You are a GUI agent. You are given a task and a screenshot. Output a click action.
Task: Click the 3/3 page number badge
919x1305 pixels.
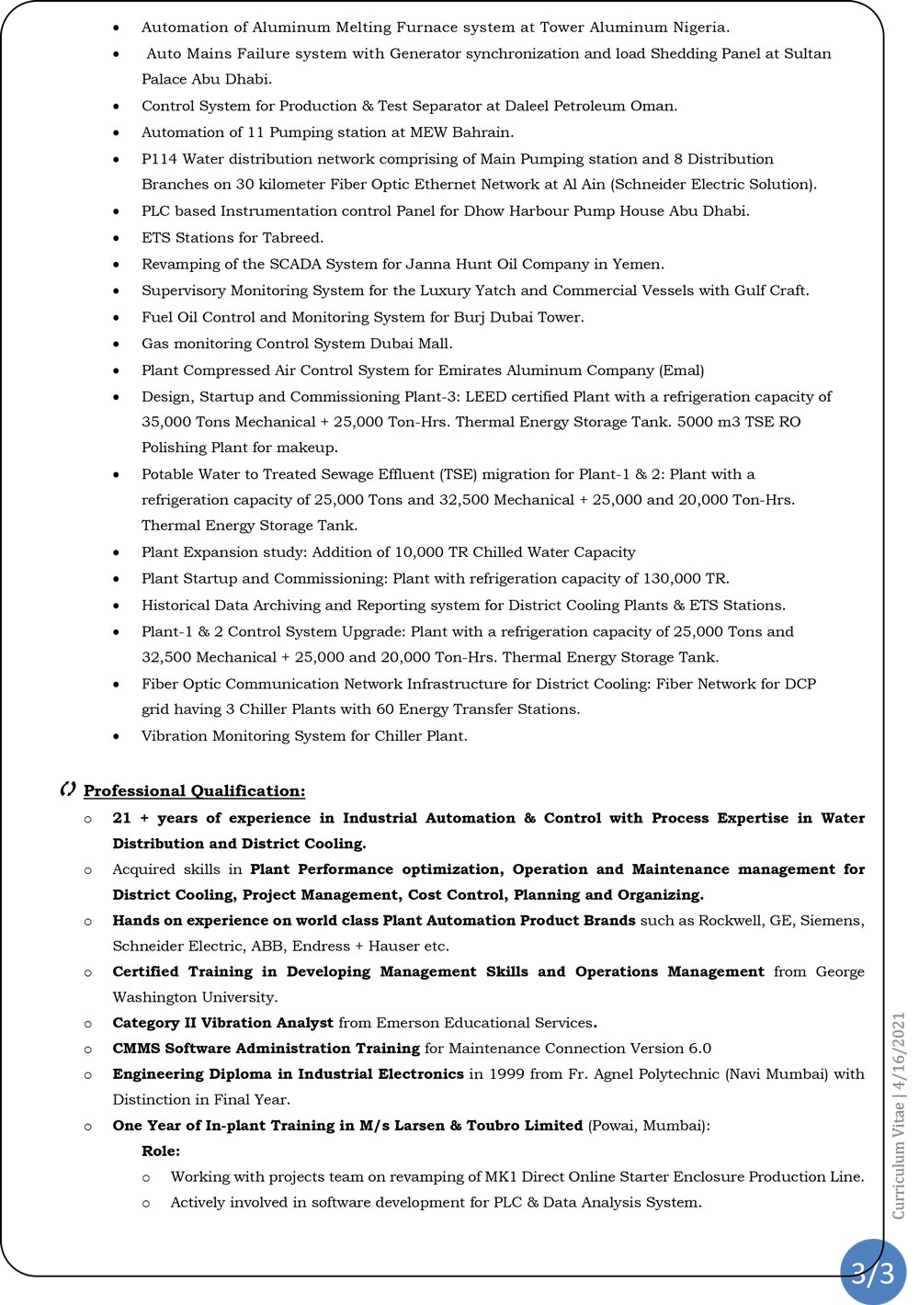coord(872,1272)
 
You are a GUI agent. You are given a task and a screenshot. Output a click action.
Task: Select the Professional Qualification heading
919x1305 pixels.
coord(194,790)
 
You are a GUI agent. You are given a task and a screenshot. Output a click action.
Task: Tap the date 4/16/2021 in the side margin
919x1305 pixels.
coord(899,1052)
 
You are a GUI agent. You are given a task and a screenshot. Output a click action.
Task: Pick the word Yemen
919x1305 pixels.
coord(637,264)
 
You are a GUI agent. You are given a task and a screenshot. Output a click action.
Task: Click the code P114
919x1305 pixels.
coord(159,159)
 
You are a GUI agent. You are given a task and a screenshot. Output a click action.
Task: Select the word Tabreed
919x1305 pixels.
coord(292,237)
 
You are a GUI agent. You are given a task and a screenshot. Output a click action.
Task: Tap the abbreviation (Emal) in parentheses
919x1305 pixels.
coord(681,370)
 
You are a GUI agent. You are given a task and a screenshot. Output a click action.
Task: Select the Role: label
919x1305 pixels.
coord(161,1151)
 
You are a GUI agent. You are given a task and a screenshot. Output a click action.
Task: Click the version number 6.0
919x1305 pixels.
coord(699,1048)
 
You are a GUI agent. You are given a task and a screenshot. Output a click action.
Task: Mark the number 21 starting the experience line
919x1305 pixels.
coord(121,818)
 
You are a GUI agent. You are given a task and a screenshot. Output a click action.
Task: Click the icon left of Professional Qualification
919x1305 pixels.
coord(67,789)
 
